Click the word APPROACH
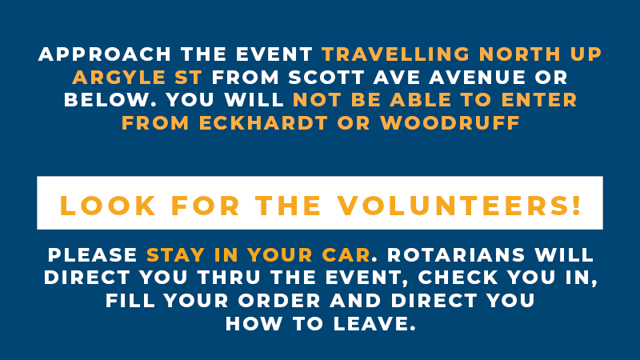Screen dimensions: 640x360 (x=105, y=54)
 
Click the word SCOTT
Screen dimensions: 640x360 (x=326, y=78)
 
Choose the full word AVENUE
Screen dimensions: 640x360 (x=477, y=78)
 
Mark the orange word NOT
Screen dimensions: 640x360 (x=317, y=100)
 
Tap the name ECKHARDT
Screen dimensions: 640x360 (x=263, y=123)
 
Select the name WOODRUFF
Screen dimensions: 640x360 (x=450, y=123)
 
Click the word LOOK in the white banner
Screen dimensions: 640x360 (x=108, y=206)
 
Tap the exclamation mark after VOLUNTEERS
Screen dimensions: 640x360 (x=576, y=206)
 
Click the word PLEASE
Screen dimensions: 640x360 (x=93, y=255)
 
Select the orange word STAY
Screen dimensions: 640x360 (x=175, y=255)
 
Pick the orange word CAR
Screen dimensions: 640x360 (x=346, y=255)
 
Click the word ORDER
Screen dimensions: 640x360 (x=279, y=301)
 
